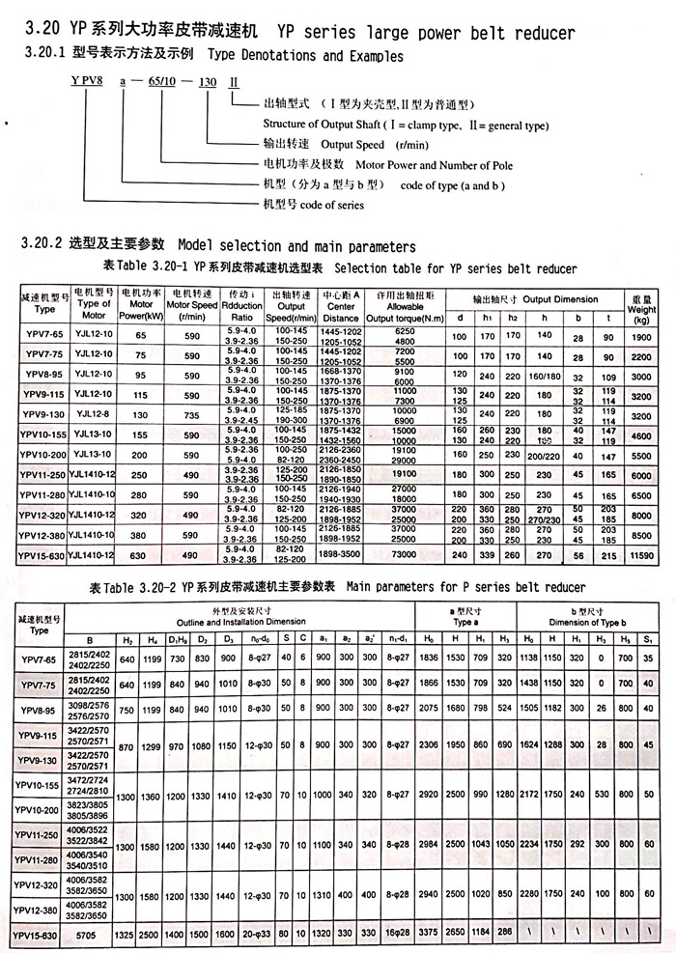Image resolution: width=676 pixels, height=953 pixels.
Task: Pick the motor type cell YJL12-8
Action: click(94, 415)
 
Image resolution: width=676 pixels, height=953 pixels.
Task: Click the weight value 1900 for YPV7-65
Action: click(641, 336)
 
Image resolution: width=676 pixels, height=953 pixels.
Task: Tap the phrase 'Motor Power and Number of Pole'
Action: click(409, 164)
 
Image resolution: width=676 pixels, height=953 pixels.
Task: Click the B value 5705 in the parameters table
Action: click(90, 935)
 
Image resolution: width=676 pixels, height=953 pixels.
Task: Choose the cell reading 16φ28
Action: click(396, 935)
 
